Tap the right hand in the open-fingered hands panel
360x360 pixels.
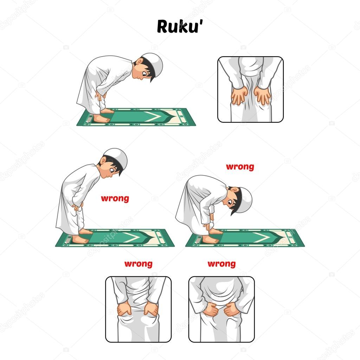click(x=263, y=95)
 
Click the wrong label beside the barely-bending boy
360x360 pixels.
click(x=115, y=198)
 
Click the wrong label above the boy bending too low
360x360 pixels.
click(x=240, y=167)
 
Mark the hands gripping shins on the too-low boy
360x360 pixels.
click(x=210, y=220)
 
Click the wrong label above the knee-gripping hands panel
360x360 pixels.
click(x=138, y=264)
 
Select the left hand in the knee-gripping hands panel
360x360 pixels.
click(x=124, y=309)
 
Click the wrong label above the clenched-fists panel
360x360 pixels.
click(x=221, y=264)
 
